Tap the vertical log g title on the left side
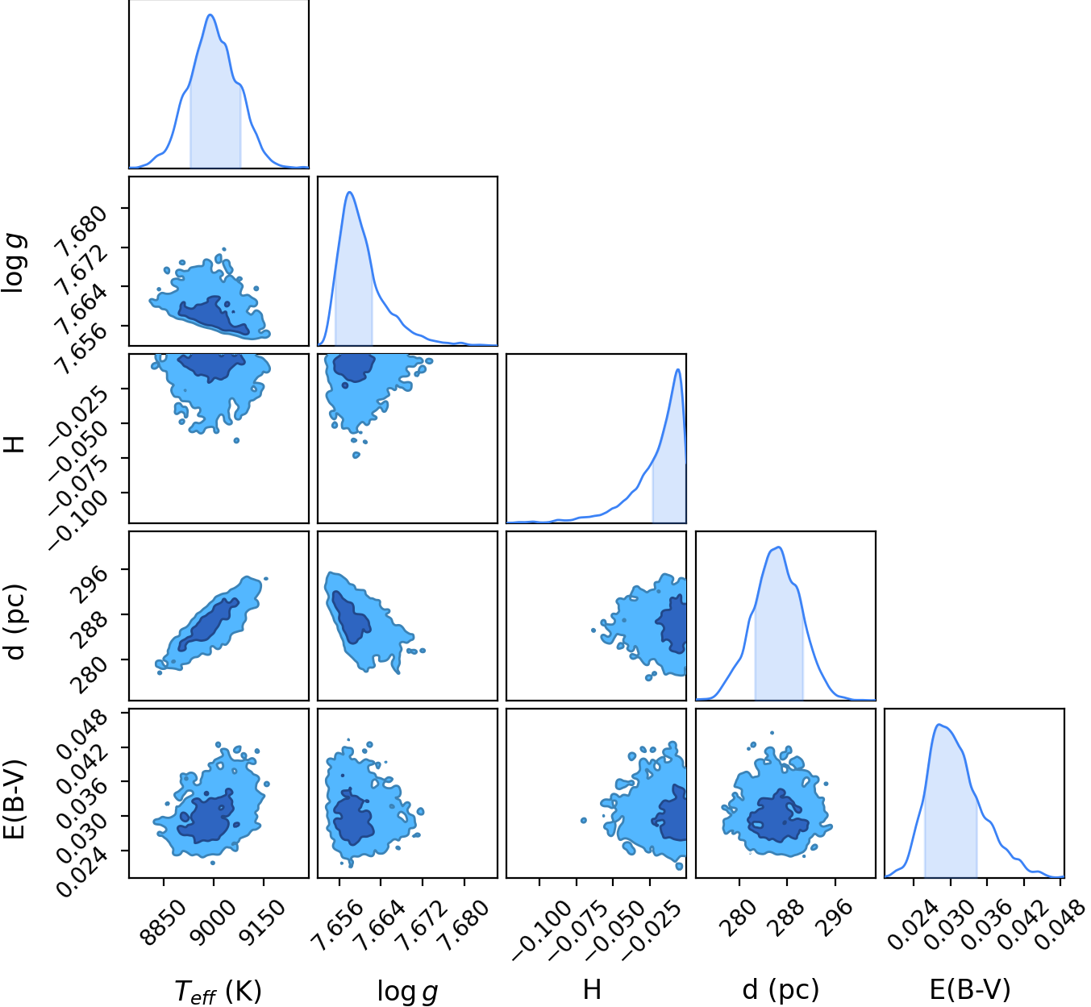click(13, 262)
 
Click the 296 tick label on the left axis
click(89, 585)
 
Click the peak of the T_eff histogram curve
click(210, 15)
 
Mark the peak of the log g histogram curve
click(349, 192)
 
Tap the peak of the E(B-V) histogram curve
click(939, 725)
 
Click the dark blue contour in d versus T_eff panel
click(209, 624)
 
